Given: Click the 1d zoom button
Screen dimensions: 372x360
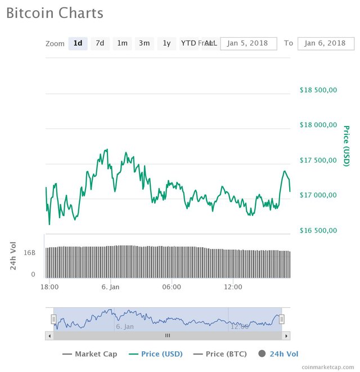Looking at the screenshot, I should point(78,43).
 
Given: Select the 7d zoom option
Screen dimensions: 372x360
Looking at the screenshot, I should point(100,43).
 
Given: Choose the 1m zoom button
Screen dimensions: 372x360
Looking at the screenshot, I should point(122,43).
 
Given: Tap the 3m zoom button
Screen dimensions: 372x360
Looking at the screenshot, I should point(144,43).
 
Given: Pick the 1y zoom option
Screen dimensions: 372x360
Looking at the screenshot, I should point(166,43).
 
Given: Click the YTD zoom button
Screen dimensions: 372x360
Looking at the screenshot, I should point(188,43).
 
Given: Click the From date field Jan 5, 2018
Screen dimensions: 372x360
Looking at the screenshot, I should point(249,43).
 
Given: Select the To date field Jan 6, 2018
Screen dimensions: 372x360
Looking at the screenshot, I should point(326,43).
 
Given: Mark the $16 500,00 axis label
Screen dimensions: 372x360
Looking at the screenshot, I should point(317,230).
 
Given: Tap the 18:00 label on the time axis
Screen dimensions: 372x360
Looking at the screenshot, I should point(50,287).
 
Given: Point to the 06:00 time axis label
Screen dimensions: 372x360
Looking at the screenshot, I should point(172,287).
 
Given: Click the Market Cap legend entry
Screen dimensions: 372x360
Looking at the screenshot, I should point(90,354).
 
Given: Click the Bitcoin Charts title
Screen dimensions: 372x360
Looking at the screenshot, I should point(55,13).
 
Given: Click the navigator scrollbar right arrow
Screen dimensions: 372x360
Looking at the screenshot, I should point(287,335).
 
